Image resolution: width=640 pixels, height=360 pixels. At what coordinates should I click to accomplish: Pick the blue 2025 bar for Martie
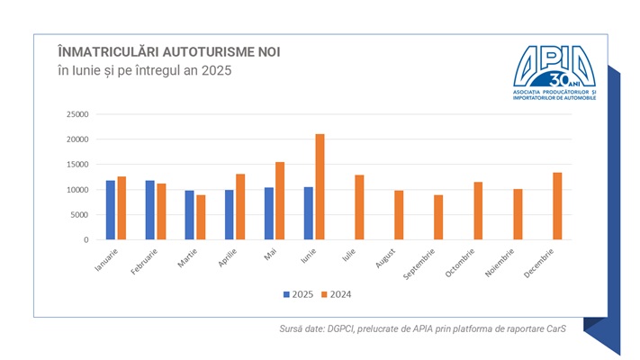click(x=190, y=215)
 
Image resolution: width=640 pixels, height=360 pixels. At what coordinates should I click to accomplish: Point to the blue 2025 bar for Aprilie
click(x=230, y=215)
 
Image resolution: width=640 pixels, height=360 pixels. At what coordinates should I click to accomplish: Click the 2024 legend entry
click(x=333, y=293)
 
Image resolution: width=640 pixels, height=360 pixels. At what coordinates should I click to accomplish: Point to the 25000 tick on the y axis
click(x=77, y=114)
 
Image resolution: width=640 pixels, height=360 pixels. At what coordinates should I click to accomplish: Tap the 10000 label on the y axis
click(x=77, y=190)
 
